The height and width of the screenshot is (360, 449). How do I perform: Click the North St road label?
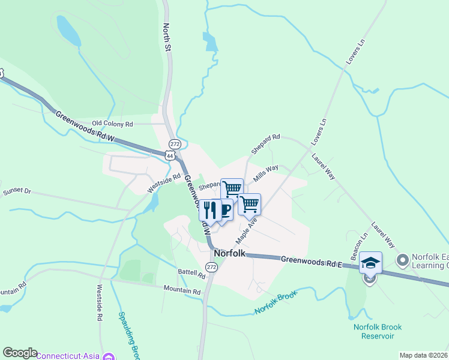point(167,37)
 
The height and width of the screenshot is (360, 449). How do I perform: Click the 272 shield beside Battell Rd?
point(211,266)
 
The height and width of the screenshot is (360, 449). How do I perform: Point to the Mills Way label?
point(266,173)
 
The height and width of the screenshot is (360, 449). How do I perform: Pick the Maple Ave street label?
point(246,230)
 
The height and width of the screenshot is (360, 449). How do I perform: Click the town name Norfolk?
point(229,253)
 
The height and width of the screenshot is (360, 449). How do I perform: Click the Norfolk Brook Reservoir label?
point(377,331)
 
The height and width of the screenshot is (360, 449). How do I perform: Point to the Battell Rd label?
point(191,273)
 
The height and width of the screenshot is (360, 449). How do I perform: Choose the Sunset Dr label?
point(16,191)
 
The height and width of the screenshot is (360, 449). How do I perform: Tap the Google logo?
point(20,353)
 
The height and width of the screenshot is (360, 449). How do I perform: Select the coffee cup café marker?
point(224,209)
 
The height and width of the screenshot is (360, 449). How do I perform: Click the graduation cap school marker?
point(370,262)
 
